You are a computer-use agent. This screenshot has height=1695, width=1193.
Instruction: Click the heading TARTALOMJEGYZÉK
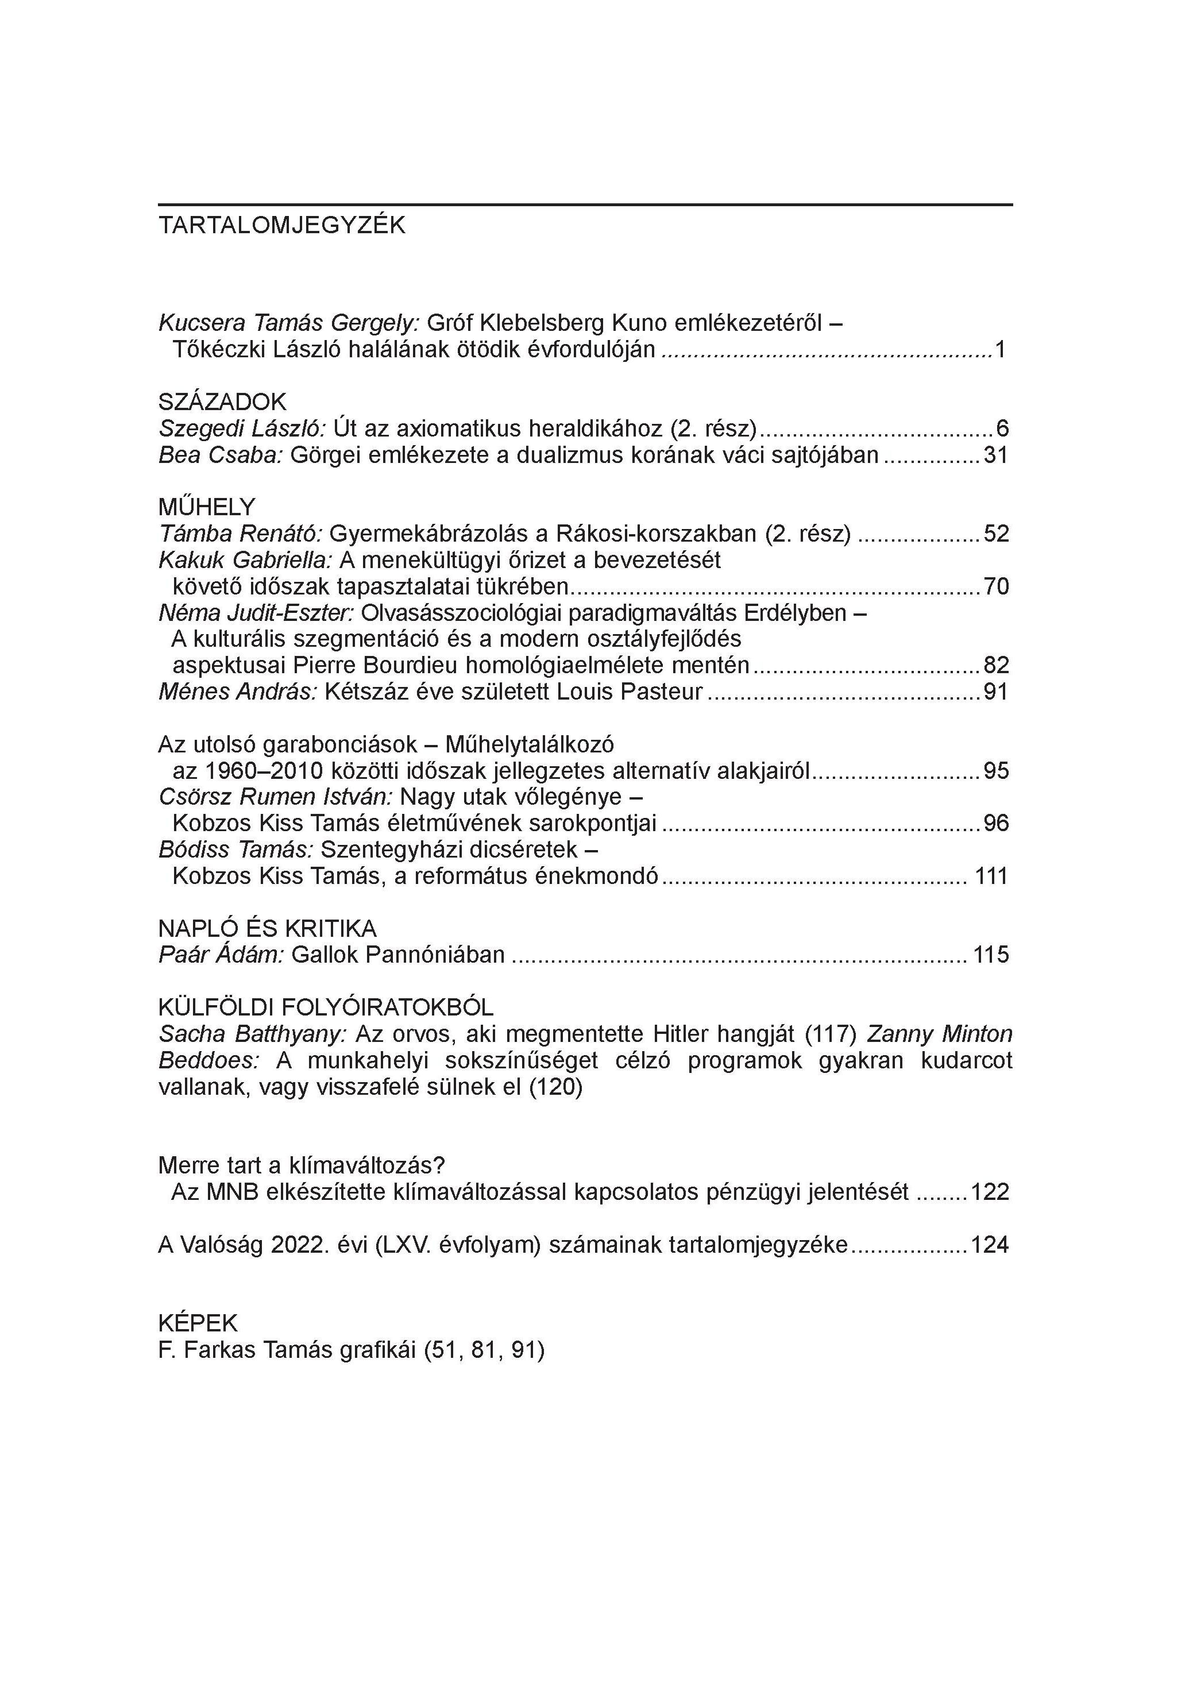tap(281, 225)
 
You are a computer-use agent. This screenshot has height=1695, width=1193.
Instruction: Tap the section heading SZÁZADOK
tap(222, 402)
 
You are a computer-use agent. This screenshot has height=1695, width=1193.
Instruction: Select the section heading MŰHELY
tap(207, 507)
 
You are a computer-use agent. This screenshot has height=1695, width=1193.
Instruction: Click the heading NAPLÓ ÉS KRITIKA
tap(267, 928)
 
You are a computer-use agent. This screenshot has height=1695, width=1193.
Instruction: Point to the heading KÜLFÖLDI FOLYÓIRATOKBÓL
tap(326, 1007)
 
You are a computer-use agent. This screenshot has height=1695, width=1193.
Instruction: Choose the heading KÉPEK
tap(198, 1322)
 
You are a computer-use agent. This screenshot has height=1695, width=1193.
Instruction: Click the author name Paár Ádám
tap(221, 955)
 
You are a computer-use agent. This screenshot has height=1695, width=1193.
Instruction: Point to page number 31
tap(996, 455)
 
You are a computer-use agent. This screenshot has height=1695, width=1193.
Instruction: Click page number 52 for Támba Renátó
tap(996, 534)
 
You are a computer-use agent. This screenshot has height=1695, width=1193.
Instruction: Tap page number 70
tap(996, 587)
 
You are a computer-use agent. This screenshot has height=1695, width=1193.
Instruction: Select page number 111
tap(991, 877)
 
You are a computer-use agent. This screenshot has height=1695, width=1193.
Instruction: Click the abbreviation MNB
tap(232, 1192)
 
